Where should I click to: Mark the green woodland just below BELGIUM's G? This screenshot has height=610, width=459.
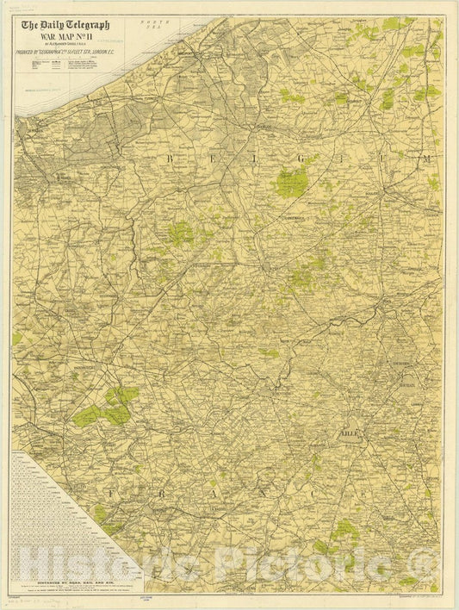(x=292, y=183)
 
